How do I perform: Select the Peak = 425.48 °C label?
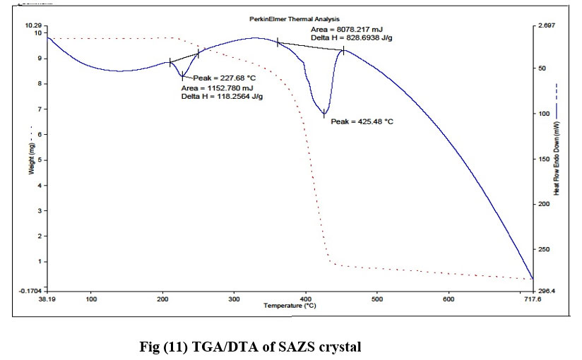(362, 121)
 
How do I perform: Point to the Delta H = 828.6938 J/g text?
(353, 37)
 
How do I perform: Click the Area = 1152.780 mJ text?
(218, 88)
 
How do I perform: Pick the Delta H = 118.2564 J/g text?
(222, 96)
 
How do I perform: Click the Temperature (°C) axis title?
(290, 306)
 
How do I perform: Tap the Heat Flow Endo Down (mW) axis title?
(557, 157)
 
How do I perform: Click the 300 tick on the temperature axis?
(233, 299)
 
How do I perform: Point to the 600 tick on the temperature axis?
(448, 299)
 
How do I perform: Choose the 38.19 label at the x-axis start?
(47, 299)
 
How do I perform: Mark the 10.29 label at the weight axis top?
(32, 25)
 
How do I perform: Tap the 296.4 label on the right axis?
(548, 290)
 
